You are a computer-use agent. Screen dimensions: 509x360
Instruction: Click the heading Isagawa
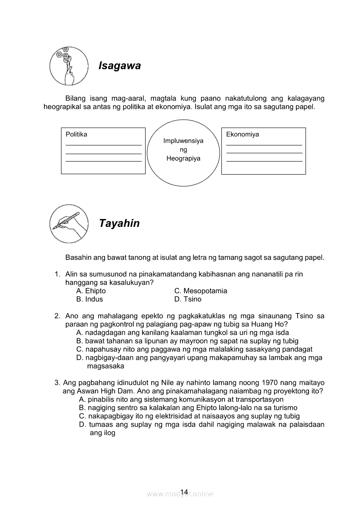(x=119, y=66)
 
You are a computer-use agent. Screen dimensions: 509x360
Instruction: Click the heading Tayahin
(x=119, y=223)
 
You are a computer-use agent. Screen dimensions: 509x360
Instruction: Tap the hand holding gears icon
(x=68, y=66)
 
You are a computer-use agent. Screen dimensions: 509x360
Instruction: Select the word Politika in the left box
(x=76, y=134)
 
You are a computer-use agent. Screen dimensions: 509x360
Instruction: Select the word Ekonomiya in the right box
(x=242, y=134)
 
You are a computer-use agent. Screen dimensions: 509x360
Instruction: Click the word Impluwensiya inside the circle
(x=183, y=141)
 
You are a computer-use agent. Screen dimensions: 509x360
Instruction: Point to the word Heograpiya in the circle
(x=183, y=158)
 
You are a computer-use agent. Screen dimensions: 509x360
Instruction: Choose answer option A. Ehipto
(x=91, y=291)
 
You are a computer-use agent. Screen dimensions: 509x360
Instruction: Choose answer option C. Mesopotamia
(x=200, y=291)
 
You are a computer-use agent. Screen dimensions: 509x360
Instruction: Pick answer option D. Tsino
(x=188, y=299)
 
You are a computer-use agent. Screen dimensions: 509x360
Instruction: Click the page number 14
(x=183, y=492)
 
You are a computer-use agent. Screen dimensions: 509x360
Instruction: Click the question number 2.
(x=57, y=316)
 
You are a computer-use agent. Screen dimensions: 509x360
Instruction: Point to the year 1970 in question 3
(x=270, y=383)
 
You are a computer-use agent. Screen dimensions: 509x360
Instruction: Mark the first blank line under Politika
(x=103, y=145)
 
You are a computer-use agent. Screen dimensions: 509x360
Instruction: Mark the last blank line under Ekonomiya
(x=264, y=161)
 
